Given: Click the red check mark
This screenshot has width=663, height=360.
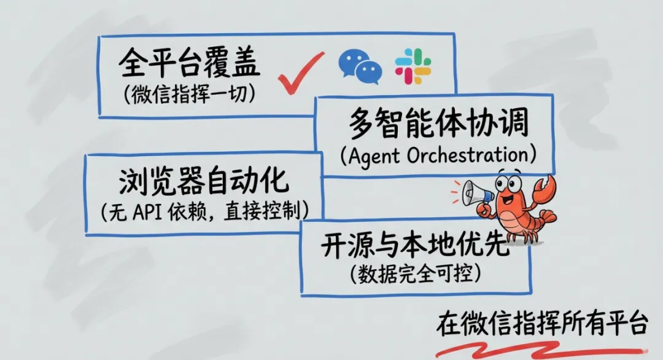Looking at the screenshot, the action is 299,73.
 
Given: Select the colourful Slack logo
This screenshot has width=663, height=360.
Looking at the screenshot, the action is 413,66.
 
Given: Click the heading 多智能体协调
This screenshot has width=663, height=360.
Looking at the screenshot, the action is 438,125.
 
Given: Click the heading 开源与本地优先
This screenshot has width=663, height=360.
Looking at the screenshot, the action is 414,246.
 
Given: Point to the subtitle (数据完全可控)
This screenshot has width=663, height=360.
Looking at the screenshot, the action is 414,275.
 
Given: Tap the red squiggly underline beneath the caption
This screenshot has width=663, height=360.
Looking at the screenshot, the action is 540,348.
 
